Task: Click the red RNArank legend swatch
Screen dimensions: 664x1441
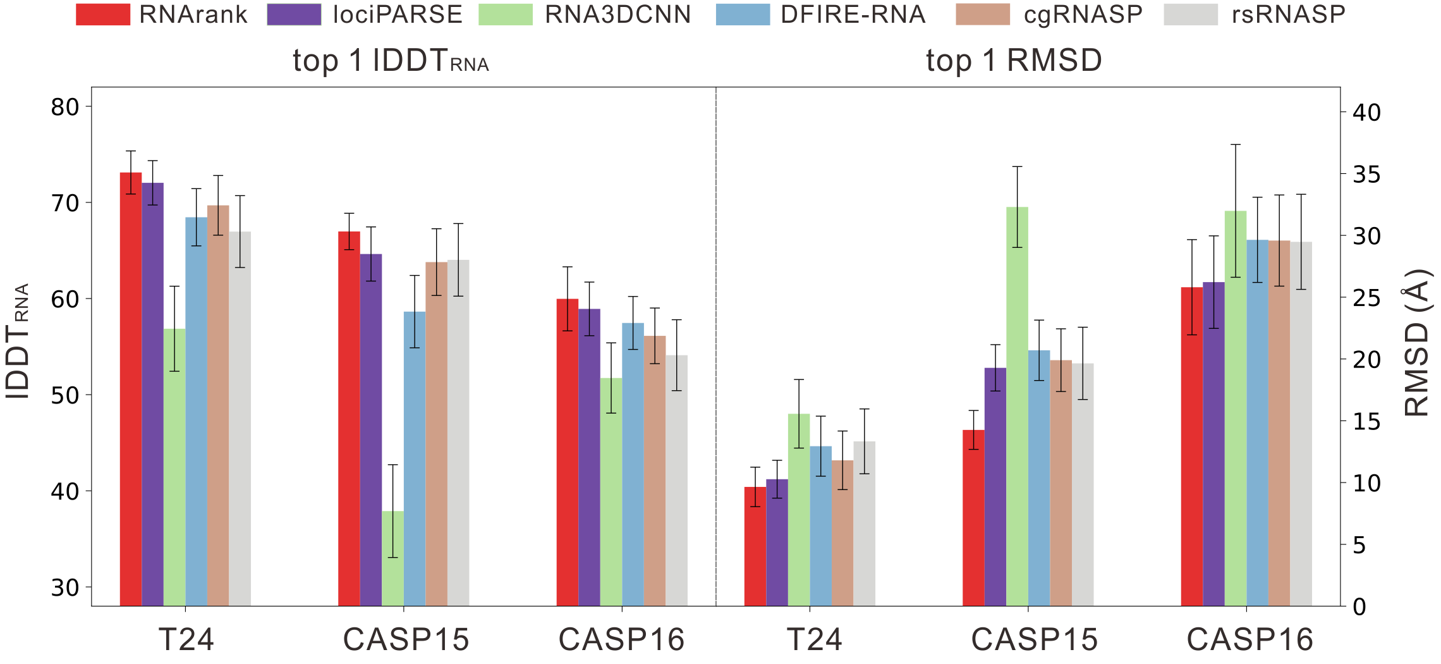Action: pyautogui.click(x=102, y=15)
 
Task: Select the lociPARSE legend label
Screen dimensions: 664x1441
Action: pyautogui.click(x=398, y=15)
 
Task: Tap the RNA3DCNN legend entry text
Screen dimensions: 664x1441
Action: pyautogui.click(x=617, y=15)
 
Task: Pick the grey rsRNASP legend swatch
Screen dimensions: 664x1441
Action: pyautogui.click(x=1191, y=15)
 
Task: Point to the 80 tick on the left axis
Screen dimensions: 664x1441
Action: pyautogui.click(x=64, y=108)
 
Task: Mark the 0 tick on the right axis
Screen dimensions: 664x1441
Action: pyautogui.click(x=1359, y=607)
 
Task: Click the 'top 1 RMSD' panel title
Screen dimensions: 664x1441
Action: pyautogui.click(x=1014, y=61)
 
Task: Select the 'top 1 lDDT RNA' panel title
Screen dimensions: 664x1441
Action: pyautogui.click(x=391, y=61)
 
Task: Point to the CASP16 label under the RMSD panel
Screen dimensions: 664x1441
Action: pyautogui.click(x=1249, y=639)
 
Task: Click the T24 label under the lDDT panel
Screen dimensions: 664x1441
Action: pyautogui.click(x=186, y=639)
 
